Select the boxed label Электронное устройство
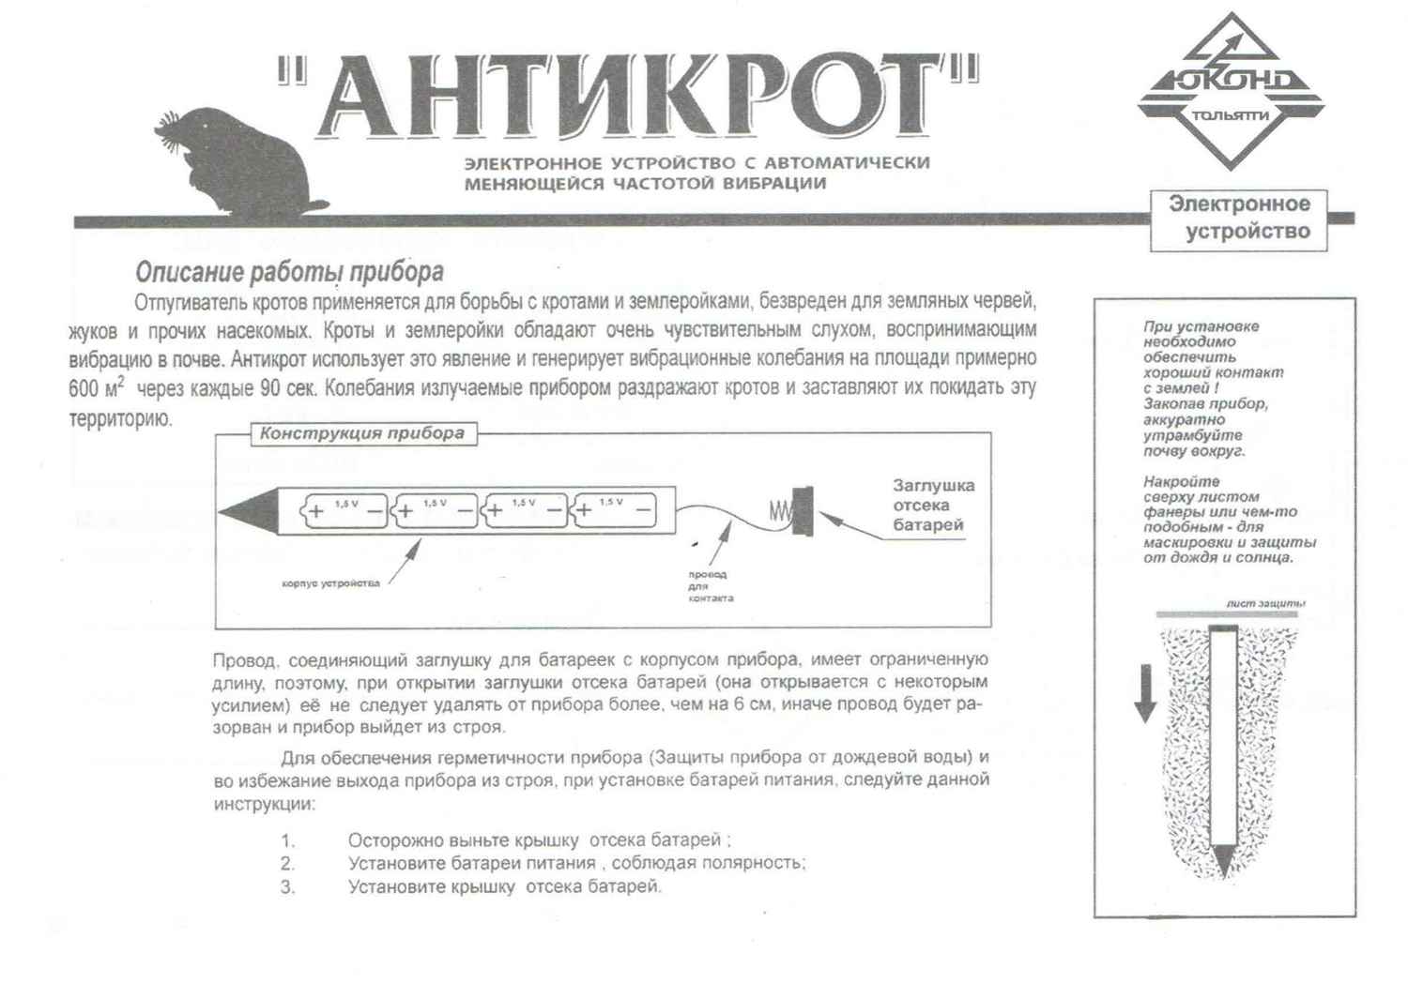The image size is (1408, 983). pos(1238,218)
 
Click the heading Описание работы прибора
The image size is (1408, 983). pos(289,272)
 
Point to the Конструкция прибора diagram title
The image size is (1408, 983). pos(362,433)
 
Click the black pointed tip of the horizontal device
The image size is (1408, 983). pos(246,512)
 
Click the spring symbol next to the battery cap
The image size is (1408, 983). pos(780,511)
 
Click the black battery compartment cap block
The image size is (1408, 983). pos(803,511)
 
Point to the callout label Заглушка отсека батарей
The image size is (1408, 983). pos(932,505)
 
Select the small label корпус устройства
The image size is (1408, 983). pos(330,583)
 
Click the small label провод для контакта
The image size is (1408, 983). pos(710,586)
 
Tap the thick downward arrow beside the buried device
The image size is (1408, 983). pos(1144,694)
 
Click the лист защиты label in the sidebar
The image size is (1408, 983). pos(1264,603)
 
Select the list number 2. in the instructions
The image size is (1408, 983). pos(287,863)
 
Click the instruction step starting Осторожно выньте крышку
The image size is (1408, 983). pos(539,840)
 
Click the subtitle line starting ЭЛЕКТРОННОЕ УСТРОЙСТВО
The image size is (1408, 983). pos(696,163)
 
